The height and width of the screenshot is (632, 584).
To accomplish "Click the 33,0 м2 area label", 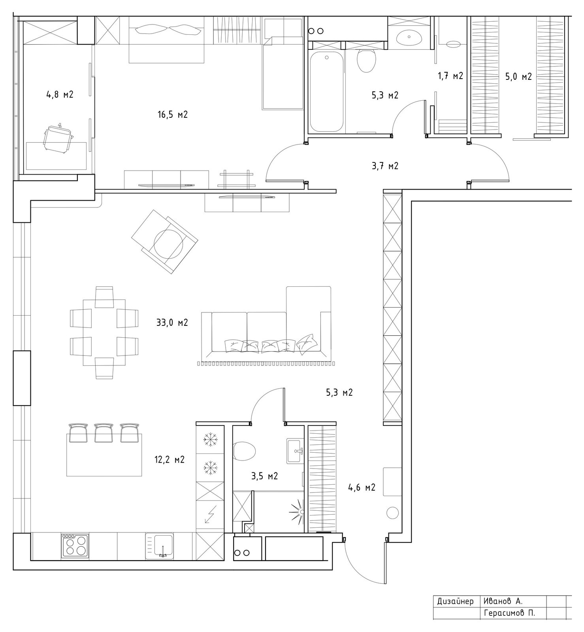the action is click(172, 323).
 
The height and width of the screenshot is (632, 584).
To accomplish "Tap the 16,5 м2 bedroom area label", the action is click(172, 115).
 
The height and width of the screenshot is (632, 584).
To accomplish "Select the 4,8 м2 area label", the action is click(60, 95).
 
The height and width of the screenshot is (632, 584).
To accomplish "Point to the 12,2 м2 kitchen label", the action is click(170, 460).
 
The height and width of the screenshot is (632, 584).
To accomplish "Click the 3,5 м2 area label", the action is click(264, 476).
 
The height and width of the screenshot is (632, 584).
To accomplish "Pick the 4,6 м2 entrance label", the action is click(362, 488).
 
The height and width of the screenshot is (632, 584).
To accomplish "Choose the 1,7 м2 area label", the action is click(450, 76).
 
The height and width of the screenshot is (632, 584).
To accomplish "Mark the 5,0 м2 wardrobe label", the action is click(518, 77).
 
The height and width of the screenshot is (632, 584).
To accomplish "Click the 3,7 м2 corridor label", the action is click(385, 166).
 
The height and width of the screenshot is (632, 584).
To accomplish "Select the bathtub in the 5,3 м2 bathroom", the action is click(326, 92).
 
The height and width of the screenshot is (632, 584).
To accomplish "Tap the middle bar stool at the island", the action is click(104, 433).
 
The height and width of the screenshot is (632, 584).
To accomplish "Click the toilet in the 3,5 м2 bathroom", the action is click(245, 451).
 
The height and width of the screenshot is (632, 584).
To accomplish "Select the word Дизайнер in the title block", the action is click(455, 602).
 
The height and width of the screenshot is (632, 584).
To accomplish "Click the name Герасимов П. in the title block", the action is click(510, 613).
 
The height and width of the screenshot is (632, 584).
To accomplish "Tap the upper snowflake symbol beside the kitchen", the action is click(210, 440).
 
